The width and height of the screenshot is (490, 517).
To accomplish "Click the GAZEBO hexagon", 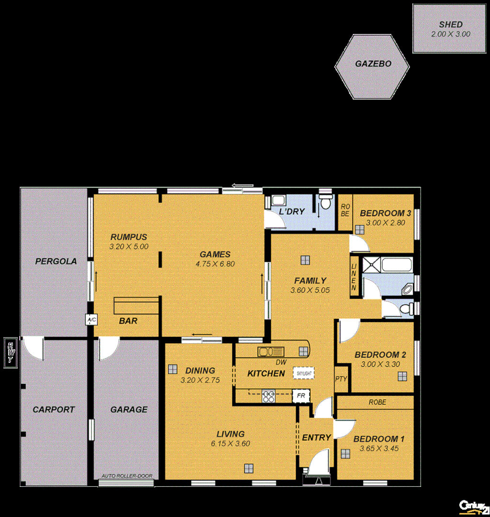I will click(373, 67).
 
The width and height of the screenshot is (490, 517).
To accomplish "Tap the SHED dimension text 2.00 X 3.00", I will click(450, 34).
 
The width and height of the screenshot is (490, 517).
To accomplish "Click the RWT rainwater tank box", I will click(9, 352).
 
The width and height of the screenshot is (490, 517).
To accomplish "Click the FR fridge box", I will click(301, 396).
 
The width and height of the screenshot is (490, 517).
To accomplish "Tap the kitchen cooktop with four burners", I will click(268, 396).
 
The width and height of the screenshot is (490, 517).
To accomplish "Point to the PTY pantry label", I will click(341, 379).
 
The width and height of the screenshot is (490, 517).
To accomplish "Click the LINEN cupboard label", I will click(354, 277).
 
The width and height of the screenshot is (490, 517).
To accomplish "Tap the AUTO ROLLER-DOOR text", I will click(127, 476).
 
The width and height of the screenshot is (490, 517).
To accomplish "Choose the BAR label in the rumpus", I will click(128, 321).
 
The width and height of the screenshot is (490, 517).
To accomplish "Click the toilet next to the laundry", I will click(325, 202).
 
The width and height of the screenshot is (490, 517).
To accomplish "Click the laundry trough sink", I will click(278, 201).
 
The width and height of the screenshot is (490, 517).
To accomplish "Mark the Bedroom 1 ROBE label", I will click(377, 403).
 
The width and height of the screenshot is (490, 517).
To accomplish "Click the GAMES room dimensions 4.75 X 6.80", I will click(215, 264).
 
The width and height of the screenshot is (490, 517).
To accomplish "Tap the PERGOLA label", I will click(56, 261).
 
